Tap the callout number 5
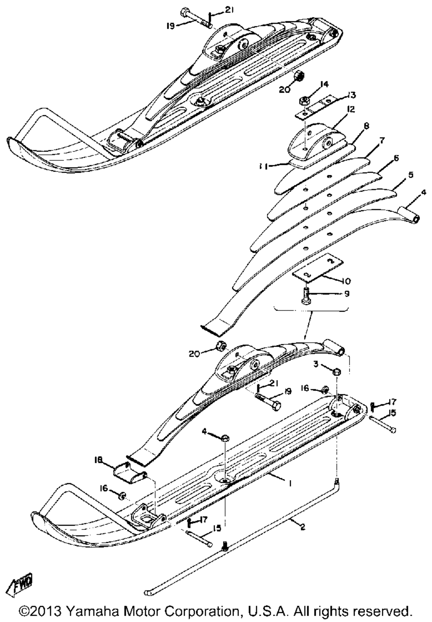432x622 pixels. pyautogui.click(x=410, y=175)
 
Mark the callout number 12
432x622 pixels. pyautogui.click(x=349, y=110)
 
